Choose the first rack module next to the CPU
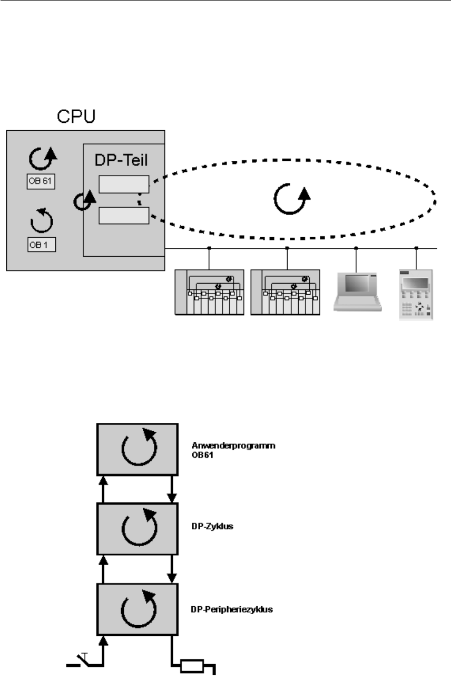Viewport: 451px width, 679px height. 209,292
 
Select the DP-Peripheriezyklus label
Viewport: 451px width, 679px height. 231,609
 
